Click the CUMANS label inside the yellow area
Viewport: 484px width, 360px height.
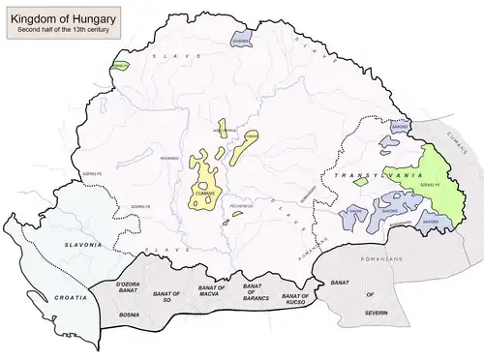tap(205, 192)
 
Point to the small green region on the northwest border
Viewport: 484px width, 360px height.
tap(120, 66)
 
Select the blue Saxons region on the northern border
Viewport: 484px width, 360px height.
tap(241, 40)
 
